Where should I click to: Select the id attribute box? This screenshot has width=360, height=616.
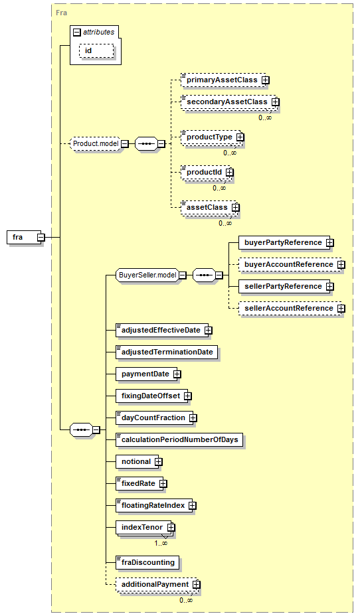click(96, 51)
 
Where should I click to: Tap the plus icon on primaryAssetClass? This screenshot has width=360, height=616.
click(266, 80)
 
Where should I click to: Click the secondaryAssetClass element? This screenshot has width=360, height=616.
click(230, 102)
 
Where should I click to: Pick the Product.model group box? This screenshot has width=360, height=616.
click(96, 144)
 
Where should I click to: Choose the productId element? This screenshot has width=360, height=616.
click(207, 173)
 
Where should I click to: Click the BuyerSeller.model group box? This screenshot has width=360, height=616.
click(147, 275)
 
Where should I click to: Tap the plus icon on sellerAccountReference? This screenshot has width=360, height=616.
click(341, 309)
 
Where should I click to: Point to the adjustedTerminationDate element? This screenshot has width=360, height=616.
click(167, 352)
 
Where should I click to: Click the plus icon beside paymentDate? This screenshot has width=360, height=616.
click(177, 374)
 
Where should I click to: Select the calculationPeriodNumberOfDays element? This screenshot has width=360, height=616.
click(179, 440)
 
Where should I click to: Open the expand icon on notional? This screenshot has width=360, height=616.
click(158, 462)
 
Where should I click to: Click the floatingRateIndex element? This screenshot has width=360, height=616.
click(156, 506)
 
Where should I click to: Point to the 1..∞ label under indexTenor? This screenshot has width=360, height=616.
click(160, 544)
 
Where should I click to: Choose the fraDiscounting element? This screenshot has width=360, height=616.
click(147, 563)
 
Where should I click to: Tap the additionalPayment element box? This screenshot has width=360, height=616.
click(158, 585)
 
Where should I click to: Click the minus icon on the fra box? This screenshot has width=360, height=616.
click(41, 237)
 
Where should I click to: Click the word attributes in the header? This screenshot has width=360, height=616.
click(99, 33)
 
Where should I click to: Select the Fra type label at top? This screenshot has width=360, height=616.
click(61, 13)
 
